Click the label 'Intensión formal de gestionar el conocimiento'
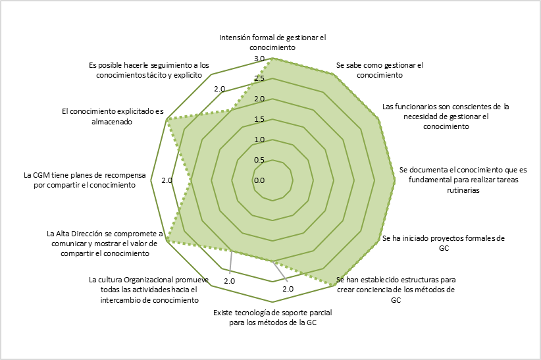[272, 43]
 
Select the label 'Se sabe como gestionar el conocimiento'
[379, 70]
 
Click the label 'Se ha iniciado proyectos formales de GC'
[443, 243]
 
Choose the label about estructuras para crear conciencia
[396, 290]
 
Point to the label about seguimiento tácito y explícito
[149, 70]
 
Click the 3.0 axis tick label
[259, 59]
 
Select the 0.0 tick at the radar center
[259, 180]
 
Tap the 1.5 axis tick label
[259, 120]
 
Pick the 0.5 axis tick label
[259, 160]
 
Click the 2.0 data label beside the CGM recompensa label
[166, 180]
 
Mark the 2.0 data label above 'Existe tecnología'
[288, 288]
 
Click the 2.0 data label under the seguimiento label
[219, 89]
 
